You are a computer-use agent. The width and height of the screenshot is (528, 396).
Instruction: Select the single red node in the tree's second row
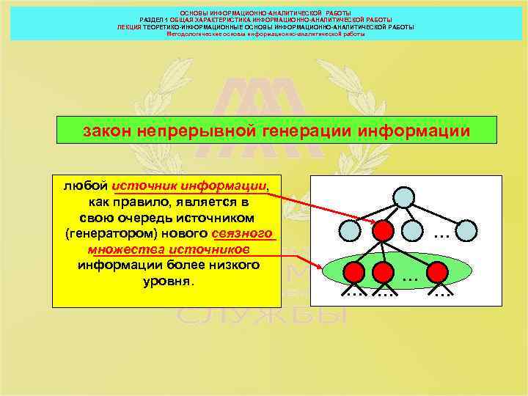382,231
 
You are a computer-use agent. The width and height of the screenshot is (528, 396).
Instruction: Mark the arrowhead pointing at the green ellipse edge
323,268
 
